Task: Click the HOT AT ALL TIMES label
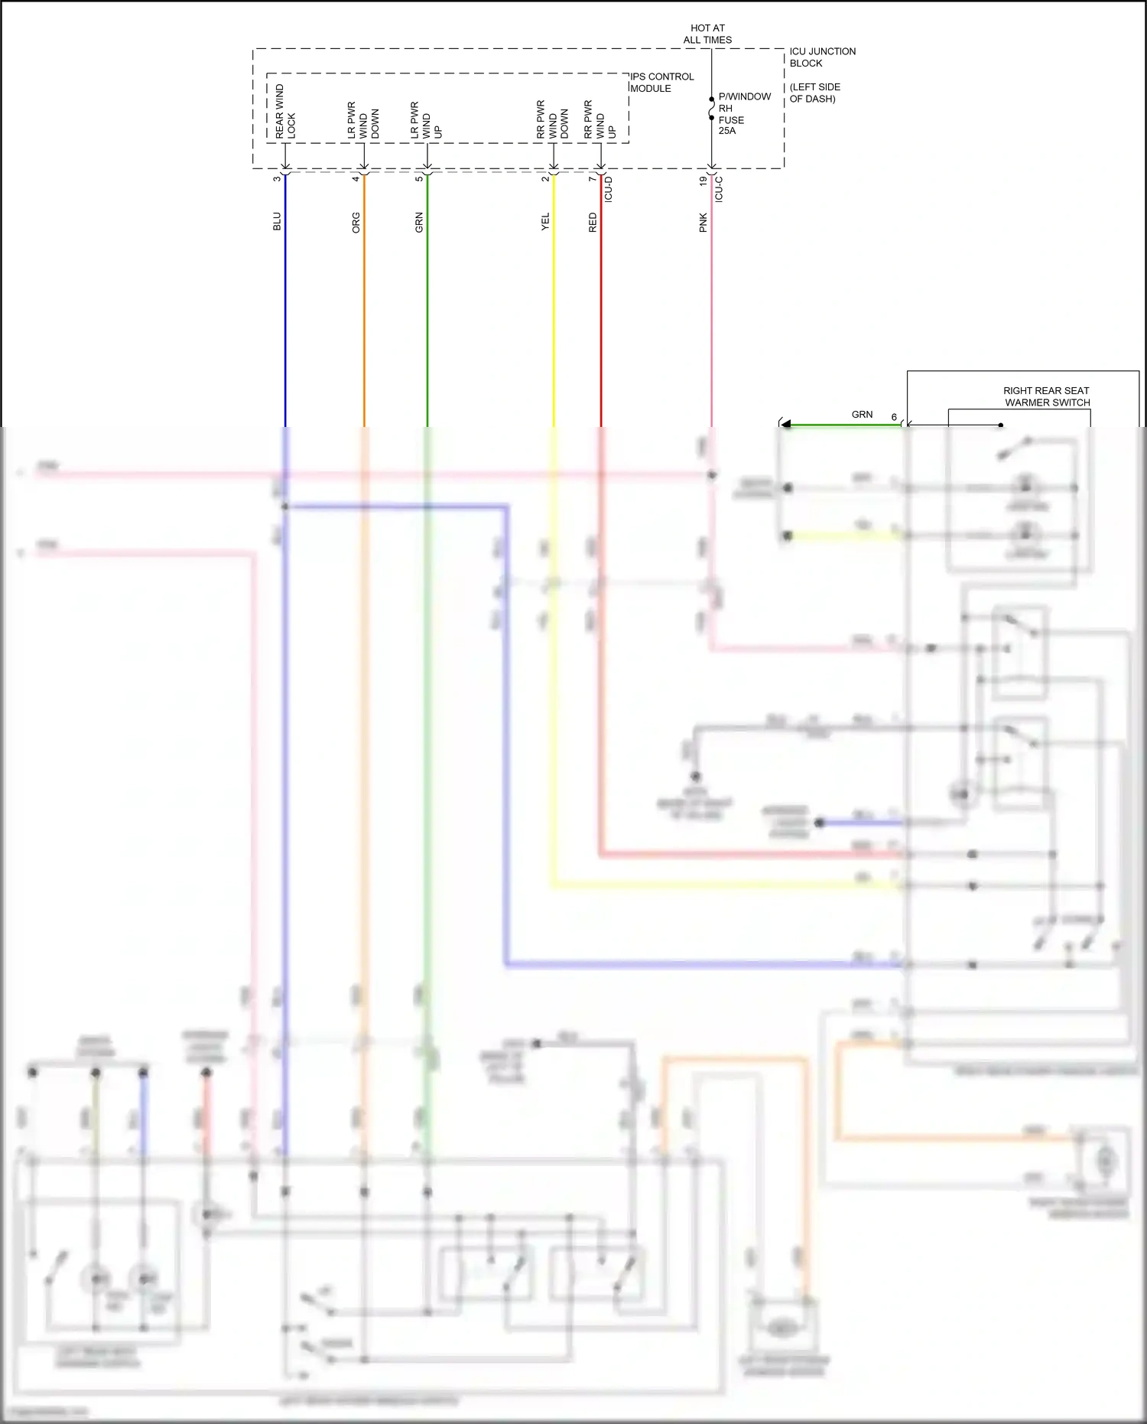[x=707, y=34]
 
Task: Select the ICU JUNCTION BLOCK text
[x=822, y=57]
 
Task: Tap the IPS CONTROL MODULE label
[x=661, y=83]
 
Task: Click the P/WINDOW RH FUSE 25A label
[x=743, y=113]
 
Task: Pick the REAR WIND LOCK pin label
[x=285, y=112]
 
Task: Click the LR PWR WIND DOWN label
[x=363, y=120]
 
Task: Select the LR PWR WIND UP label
[x=426, y=120]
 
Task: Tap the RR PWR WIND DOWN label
[x=552, y=119]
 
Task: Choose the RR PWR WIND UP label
[x=599, y=119]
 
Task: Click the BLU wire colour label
[x=277, y=221]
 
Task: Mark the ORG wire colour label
[x=356, y=223]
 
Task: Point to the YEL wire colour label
[x=545, y=222]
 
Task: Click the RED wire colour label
[x=593, y=223]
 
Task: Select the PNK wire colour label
[x=703, y=223]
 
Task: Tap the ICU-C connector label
[x=719, y=189]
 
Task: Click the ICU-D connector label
[x=609, y=189]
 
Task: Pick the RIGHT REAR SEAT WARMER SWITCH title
[x=1047, y=396]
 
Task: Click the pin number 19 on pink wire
[x=703, y=181]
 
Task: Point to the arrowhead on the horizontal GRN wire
[x=785, y=424]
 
